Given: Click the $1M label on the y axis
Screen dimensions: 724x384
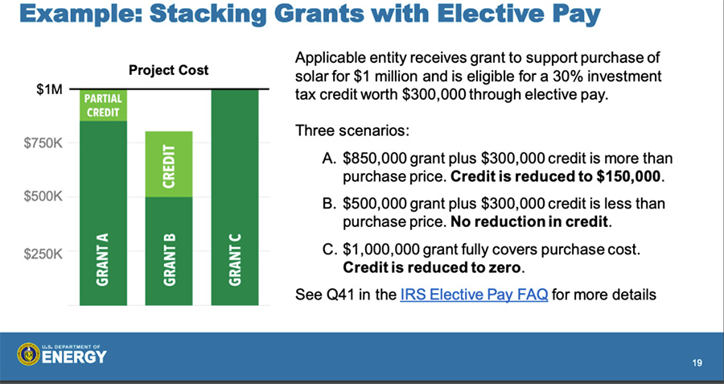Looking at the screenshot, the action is click(49, 89).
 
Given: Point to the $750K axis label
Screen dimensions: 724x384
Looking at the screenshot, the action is click(43, 143).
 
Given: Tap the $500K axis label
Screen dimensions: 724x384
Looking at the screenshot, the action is click(43, 197).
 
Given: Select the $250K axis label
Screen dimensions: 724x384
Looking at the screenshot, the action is click(43, 254).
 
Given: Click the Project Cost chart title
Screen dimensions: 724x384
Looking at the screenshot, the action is click(169, 70).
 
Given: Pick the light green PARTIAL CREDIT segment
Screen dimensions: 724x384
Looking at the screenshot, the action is click(104, 105).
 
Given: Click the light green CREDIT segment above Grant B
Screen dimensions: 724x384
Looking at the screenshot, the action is click(169, 164).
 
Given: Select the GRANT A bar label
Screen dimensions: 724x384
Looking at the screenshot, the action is click(102, 259).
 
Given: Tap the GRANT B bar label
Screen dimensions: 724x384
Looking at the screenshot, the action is click(169, 259).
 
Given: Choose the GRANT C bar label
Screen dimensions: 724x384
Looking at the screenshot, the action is click(235, 259).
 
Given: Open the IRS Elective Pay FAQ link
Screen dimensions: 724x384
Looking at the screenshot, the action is click(474, 295).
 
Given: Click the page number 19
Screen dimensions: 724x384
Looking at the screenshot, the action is click(697, 363).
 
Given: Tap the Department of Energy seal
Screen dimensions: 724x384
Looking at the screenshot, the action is click(29, 354).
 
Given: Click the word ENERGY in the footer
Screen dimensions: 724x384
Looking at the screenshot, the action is click(74, 357).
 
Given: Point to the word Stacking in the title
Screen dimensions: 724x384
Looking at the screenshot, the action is click(208, 14).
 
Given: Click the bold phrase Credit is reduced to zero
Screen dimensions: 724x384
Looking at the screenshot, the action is click(432, 267).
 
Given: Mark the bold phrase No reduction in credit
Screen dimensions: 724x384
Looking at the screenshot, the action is click(529, 222).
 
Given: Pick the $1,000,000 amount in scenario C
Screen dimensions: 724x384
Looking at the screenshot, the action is click(381, 250).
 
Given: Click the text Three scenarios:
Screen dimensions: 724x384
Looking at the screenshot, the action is click(352, 130).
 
